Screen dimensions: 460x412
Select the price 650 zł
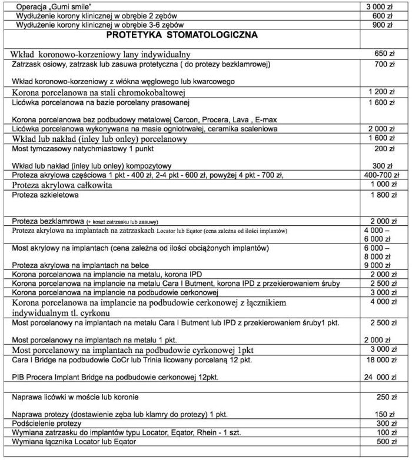(x=384, y=54)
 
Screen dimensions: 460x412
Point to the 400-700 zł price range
(x=381, y=175)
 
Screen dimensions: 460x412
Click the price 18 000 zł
(x=380, y=359)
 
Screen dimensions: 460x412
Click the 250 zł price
(x=384, y=397)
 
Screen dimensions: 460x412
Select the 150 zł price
(x=384, y=414)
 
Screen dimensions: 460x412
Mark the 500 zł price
(x=384, y=442)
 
